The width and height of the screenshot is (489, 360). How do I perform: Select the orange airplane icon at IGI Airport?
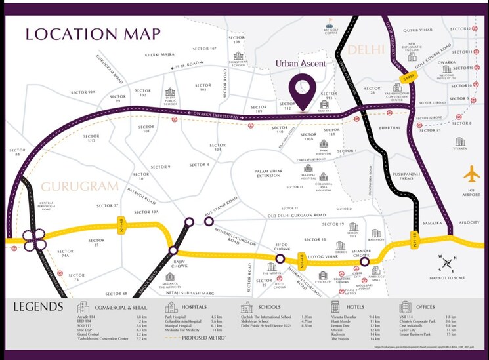pos(471,175)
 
